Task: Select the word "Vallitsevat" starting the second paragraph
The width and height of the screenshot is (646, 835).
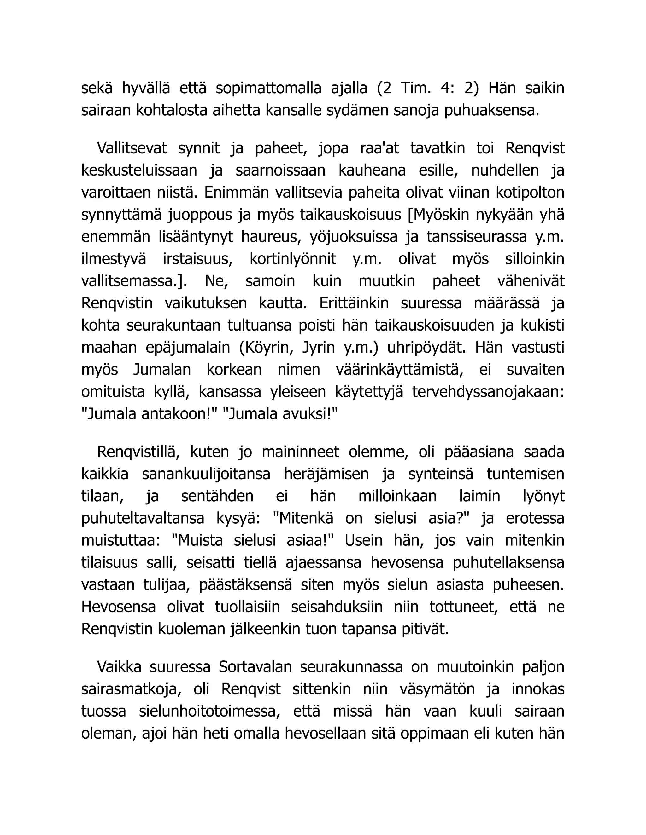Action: pyautogui.click(x=132, y=148)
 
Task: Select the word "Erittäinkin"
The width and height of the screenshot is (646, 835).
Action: pyautogui.click(x=354, y=303)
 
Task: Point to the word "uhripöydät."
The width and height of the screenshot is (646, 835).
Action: pyautogui.click(x=428, y=348)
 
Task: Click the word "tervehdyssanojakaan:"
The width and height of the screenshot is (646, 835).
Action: pyautogui.click(x=488, y=392)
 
